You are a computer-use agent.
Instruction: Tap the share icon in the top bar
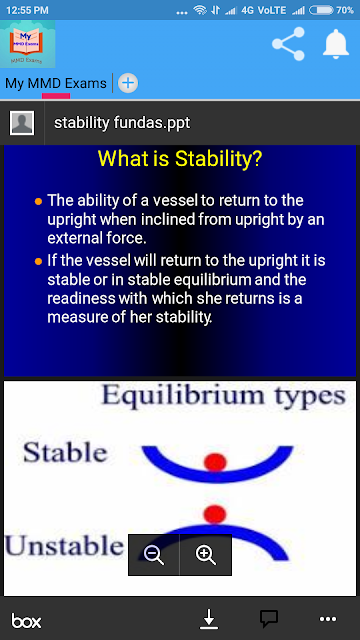coord(289,44)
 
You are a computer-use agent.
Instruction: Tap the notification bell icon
coord(336,44)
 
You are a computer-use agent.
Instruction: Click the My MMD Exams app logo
coord(27,44)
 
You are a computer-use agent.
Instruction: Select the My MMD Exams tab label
coord(56,83)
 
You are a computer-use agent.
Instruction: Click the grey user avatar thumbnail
coord(22,122)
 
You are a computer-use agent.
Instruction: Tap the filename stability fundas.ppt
coord(122,122)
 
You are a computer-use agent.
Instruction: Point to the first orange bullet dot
coord(38,201)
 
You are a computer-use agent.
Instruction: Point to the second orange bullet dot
coord(38,262)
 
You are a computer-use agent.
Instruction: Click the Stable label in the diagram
coord(65,453)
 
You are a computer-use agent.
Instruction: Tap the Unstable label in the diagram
coord(64,546)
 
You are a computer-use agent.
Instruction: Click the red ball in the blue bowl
coord(215,462)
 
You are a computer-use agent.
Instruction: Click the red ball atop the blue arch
coord(214,513)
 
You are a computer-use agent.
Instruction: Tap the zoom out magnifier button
coord(154,555)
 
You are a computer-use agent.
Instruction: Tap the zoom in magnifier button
coord(206,555)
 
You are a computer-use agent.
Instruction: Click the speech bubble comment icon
coord(269,619)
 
